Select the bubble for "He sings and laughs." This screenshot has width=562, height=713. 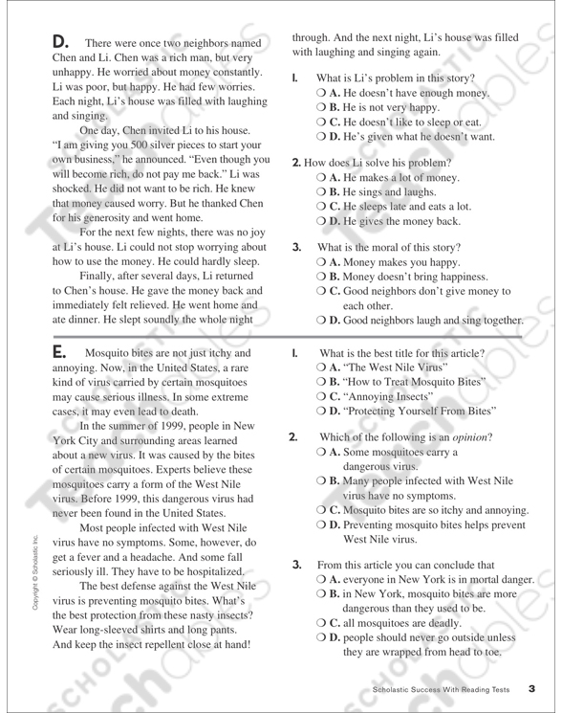321,193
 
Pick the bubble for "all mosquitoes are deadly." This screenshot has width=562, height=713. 321,629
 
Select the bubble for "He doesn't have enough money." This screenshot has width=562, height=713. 321,93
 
